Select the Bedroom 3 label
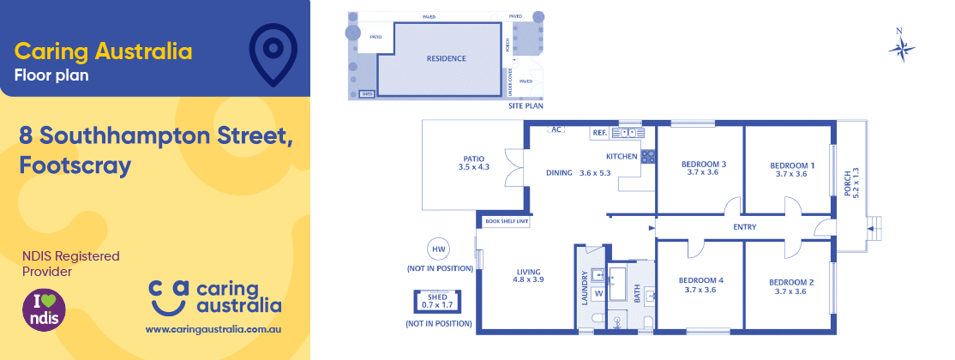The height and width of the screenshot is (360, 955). [x=703, y=168]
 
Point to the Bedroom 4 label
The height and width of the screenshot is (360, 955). [x=700, y=285]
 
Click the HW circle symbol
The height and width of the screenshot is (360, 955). [x=439, y=250]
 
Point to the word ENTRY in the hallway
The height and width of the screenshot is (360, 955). [x=744, y=227]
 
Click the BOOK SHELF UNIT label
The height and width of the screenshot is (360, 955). [x=507, y=221]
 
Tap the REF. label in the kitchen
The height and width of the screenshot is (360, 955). [x=598, y=134]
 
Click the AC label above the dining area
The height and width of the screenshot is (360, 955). [x=556, y=130]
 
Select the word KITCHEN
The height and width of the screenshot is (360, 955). [x=622, y=157]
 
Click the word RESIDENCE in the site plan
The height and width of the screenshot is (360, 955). [x=446, y=59]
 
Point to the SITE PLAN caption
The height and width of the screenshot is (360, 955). [x=526, y=106]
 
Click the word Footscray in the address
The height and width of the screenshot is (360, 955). [x=75, y=165]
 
